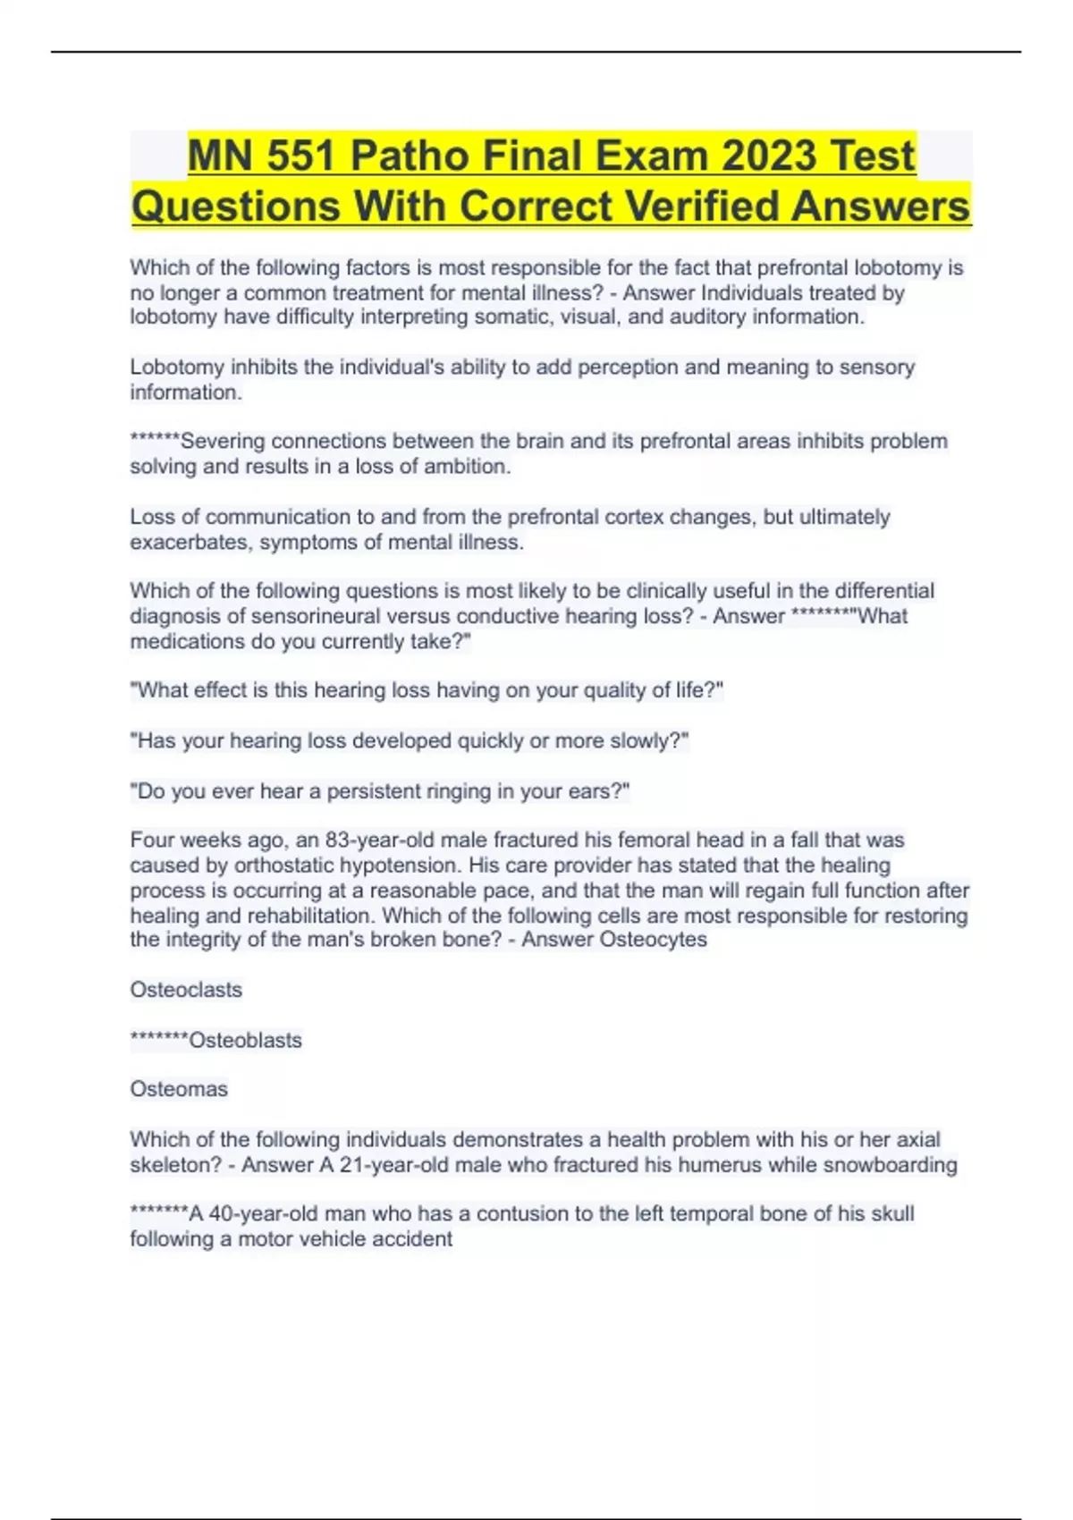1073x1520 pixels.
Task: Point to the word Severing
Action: (223, 442)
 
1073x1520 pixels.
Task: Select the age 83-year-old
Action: (406, 840)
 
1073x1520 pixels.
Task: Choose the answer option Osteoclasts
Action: (186, 990)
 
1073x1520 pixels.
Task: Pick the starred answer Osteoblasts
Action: (245, 1040)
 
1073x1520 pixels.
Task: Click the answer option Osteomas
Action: (179, 1089)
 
